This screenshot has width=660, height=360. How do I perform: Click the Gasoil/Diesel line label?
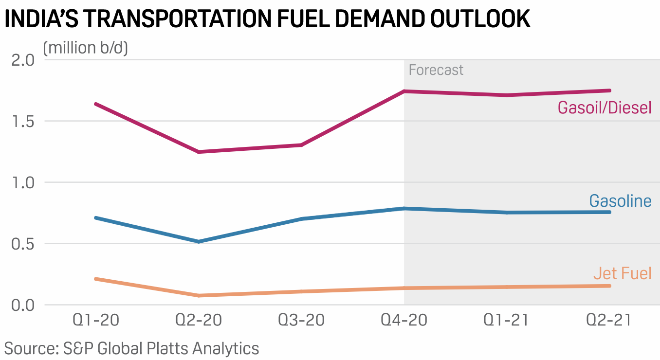point(604,107)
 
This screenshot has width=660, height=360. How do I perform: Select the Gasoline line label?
point(620,201)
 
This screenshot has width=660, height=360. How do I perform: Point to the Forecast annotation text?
point(436,70)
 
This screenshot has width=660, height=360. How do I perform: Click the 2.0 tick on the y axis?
point(22,60)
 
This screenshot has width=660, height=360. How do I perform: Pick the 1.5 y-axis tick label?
point(22,121)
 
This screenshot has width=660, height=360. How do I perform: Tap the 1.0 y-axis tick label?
point(22,182)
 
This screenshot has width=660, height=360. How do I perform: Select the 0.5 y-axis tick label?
point(22,244)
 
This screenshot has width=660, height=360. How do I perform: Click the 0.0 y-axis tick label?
point(22,305)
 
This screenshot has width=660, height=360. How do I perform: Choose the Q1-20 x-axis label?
point(96,321)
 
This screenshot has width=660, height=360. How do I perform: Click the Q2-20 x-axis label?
point(199,321)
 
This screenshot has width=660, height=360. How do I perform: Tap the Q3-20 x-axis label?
point(301,321)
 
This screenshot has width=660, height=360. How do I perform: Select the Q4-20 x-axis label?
point(404,321)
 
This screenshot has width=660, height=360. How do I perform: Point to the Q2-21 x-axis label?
point(608,321)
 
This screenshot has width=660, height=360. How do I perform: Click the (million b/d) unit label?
point(85,48)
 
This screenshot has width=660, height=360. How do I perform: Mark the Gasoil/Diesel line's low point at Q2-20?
point(199,152)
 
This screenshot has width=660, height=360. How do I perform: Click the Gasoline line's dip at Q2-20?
point(199,241)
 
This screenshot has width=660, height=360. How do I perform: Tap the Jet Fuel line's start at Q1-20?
point(96,279)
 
